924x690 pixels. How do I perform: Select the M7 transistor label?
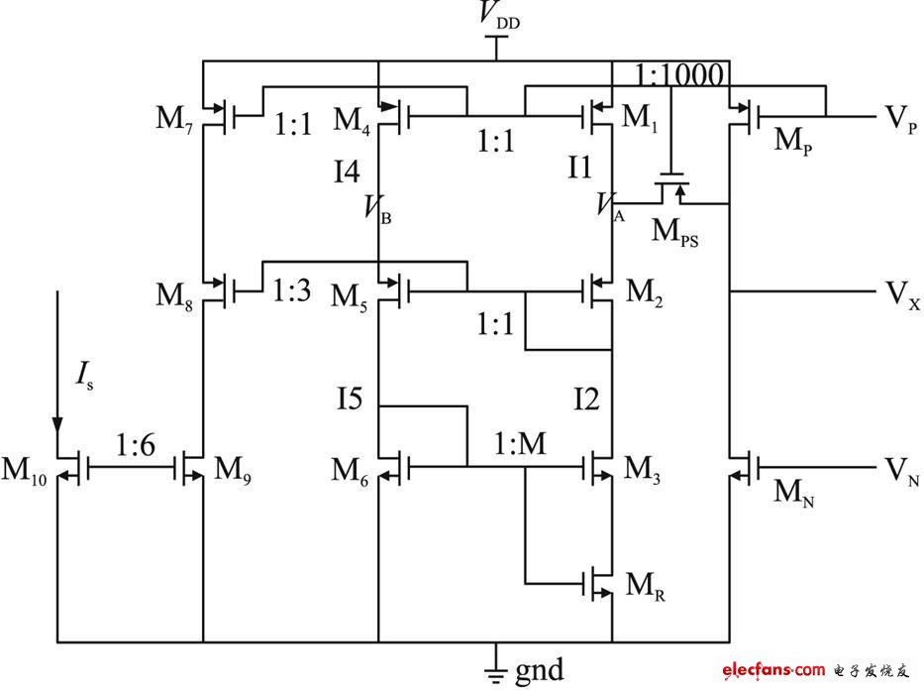(176, 120)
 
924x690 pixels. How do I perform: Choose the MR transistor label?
(645, 585)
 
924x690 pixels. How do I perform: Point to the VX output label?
(902, 294)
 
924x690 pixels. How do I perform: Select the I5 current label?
(349, 400)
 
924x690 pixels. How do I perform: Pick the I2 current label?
(586, 400)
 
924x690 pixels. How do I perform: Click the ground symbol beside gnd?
(496, 671)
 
